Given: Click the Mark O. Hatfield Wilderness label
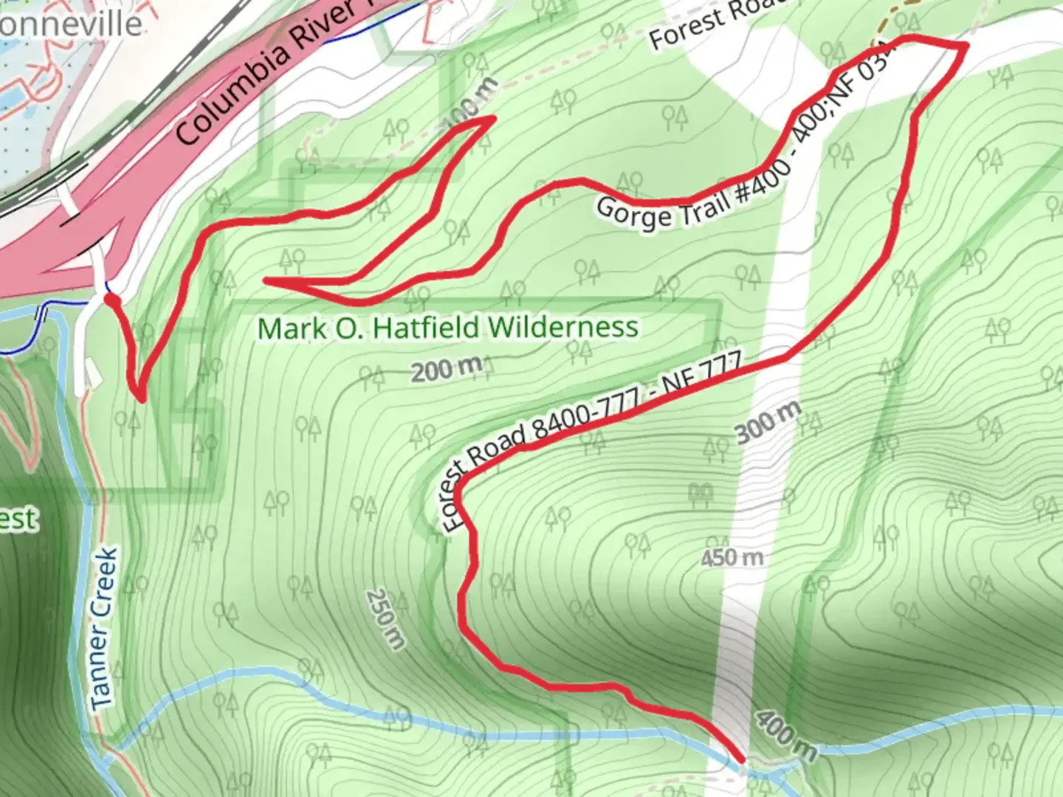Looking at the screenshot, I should (447, 328).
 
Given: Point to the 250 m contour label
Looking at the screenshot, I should (385, 618).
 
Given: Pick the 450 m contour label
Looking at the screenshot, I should (732, 557).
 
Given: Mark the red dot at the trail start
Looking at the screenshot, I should (111, 300).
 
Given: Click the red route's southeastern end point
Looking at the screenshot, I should (740, 758).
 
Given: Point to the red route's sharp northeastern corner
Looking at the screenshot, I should (965, 46).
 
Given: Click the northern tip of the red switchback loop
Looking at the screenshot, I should (491, 118).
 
